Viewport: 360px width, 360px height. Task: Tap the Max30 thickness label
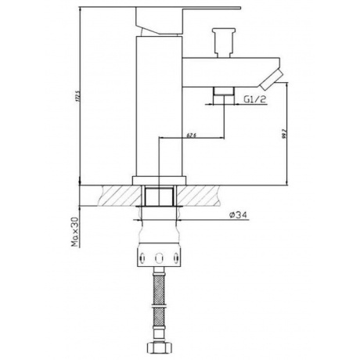(x=76, y=231)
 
